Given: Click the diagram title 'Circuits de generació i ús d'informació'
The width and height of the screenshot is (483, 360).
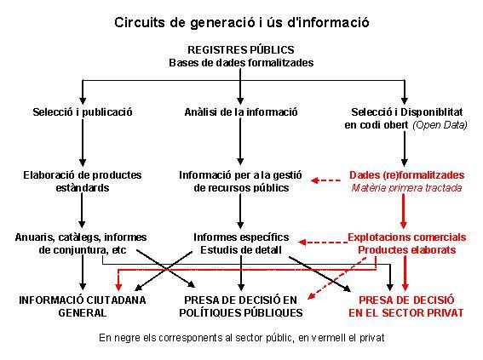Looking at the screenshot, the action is (x=242, y=23).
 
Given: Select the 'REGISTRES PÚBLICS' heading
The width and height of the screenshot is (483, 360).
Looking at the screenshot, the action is (x=241, y=49).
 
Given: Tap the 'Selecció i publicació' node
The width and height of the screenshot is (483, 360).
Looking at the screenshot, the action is (x=83, y=112).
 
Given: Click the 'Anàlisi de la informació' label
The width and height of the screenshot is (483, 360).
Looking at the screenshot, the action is (x=241, y=112).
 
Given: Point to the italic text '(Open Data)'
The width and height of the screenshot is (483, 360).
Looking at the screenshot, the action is (x=440, y=125).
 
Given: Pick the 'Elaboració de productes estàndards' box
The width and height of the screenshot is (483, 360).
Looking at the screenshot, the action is (x=83, y=181).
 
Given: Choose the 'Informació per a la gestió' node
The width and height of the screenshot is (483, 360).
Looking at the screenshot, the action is (x=240, y=175).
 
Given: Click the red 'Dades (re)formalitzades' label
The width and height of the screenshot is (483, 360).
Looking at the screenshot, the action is (x=406, y=175).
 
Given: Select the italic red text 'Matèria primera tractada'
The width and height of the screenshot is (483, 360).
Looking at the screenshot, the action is (x=406, y=188).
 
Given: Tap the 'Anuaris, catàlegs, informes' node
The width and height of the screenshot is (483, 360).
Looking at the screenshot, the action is (x=81, y=237).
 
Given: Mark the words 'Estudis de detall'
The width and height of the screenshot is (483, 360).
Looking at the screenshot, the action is (x=241, y=250).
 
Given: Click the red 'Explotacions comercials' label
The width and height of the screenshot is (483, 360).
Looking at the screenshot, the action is (x=406, y=237).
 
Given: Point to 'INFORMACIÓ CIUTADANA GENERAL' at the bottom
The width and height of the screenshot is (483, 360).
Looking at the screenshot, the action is (x=83, y=306).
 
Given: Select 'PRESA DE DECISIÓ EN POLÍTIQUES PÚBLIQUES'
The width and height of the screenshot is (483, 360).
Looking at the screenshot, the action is (x=241, y=306).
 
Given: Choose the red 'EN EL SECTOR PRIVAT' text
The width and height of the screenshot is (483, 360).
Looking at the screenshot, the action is (x=406, y=313).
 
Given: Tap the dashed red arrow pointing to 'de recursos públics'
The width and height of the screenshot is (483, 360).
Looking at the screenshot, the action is (x=325, y=180).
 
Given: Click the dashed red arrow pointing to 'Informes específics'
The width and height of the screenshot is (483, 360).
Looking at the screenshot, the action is (x=323, y=243).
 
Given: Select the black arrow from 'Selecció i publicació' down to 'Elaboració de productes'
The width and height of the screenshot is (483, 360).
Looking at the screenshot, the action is (x=83, y=143).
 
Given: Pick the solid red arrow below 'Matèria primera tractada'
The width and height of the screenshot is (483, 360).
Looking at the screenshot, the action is (x=404, y=211).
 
